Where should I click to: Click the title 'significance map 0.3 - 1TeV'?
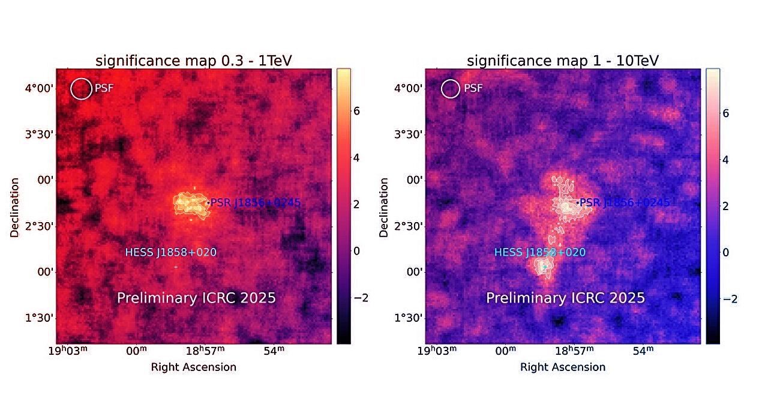click(194, 61)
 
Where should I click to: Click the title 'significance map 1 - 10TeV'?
click(563, 61)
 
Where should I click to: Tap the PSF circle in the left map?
click(80, 89)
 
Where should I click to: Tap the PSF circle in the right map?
click(450, 89)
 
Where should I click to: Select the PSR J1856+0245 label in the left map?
click(255, 203)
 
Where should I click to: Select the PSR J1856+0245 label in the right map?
click(624, 203)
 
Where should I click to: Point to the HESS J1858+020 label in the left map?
click(170, 253)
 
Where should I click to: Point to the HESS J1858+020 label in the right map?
click(539, 253)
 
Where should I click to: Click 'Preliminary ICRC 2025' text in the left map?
click(196, 298)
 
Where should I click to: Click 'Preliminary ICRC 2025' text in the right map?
click(565, 298)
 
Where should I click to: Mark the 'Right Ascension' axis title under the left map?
click(194, 367)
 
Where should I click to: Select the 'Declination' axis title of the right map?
click(384, 206)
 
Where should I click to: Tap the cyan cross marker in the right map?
click(544, 267)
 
